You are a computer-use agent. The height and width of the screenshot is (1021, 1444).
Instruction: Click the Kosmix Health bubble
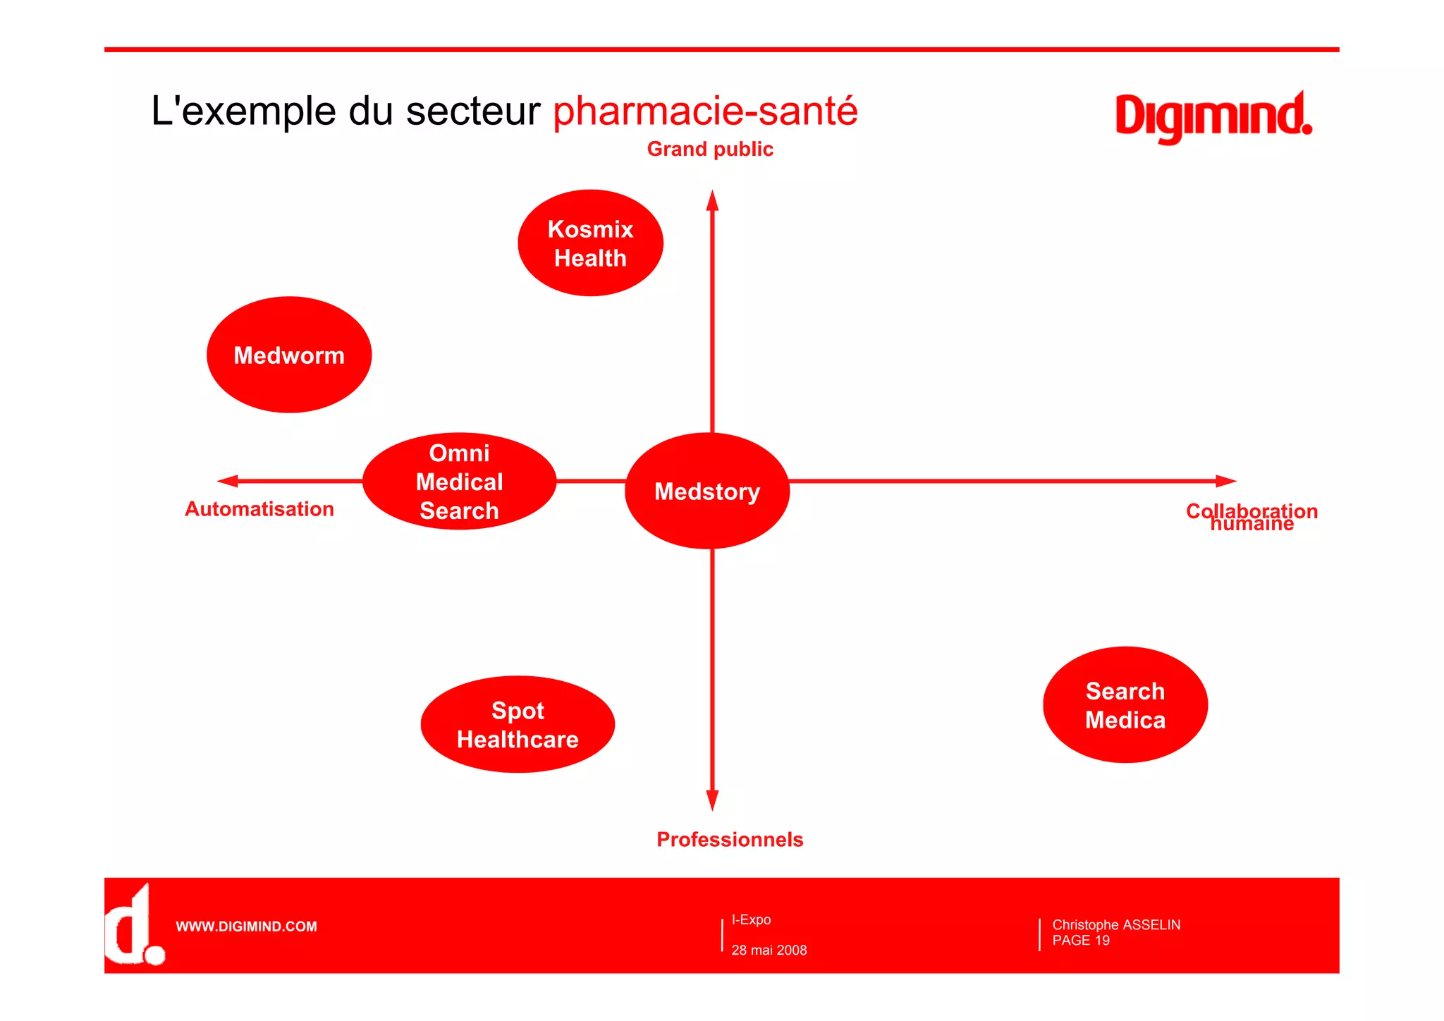590,243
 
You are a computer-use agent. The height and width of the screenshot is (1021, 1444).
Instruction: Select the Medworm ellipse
289,355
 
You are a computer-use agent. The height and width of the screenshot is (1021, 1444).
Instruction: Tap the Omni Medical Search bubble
459,482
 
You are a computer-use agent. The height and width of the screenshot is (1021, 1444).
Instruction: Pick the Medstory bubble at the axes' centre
707,491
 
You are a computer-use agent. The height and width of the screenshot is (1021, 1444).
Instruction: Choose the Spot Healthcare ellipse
518,725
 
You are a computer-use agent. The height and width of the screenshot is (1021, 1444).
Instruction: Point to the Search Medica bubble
1125,705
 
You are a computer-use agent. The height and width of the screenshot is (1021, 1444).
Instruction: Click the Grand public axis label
710,149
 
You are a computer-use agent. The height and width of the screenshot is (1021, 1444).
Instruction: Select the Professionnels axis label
730,839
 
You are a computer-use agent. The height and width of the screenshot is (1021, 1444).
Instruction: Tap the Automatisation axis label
259,509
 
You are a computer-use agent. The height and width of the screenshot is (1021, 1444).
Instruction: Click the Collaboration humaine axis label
1252,516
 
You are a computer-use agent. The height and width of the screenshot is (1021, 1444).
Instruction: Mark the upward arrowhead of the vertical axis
713,200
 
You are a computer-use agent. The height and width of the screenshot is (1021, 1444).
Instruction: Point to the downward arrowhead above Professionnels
713,800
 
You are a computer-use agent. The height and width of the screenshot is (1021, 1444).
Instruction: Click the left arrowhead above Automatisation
228,481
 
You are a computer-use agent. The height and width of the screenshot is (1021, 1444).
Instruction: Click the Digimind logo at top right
1213,116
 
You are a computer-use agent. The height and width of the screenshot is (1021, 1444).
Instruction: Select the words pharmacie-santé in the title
705,111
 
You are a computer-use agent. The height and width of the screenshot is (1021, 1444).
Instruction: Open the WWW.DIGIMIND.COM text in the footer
246,927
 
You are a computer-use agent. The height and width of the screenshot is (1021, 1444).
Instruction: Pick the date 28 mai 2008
769,950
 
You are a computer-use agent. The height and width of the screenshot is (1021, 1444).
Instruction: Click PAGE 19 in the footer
1081,941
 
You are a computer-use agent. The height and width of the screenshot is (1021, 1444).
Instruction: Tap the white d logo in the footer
134,926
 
